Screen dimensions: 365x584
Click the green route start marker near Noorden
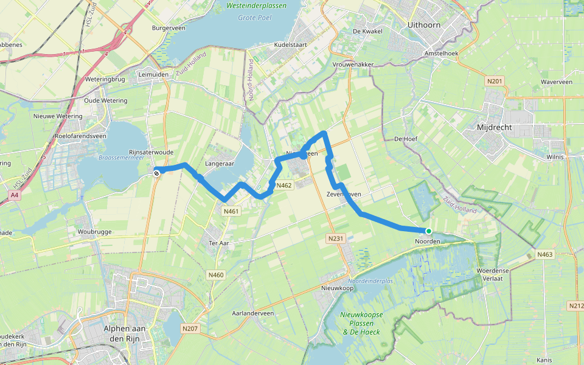(429, 231)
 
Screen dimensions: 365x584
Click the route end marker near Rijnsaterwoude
(156, 173)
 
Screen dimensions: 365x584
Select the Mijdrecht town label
(495, 128)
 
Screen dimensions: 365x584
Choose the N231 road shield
(335, 239)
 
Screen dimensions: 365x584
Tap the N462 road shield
(283, 186)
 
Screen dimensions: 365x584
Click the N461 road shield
(232, 212)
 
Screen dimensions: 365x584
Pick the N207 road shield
(190, 328)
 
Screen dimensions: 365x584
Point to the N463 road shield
(544, 254)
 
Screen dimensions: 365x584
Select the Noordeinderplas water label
(371, 281)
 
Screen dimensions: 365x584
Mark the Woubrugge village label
(92, 232)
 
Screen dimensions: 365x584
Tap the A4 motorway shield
(15, 195)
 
